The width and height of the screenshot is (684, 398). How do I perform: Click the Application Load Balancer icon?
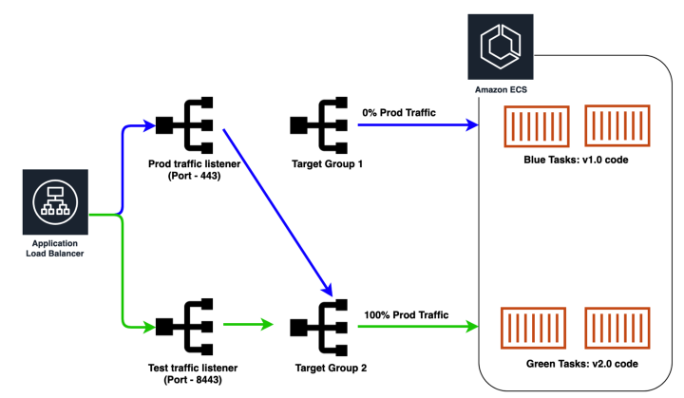point(53,201)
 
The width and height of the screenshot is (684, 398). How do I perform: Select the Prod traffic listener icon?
point(185,124)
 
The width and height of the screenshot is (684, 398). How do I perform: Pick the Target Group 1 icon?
point(320,124)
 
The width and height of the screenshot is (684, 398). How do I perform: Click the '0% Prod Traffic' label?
point(399,113)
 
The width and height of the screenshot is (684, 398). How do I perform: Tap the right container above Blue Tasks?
point(615,127)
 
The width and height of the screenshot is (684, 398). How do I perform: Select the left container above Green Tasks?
point(534,331)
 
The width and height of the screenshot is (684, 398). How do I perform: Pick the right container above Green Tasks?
point(616,331)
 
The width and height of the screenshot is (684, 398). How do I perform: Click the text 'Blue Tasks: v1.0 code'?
point(576,160)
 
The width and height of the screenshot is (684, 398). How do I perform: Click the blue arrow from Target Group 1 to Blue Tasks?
point(418,124)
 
